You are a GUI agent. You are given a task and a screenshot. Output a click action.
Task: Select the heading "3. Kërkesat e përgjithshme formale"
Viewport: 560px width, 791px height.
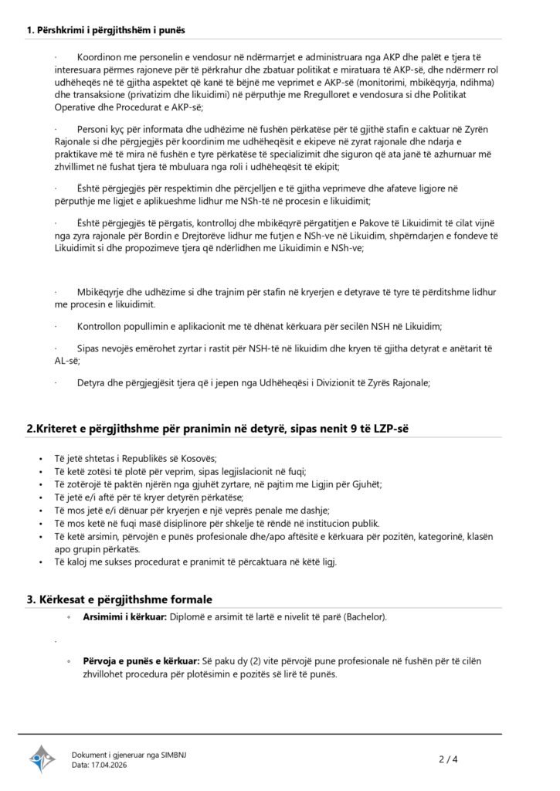[120, 599]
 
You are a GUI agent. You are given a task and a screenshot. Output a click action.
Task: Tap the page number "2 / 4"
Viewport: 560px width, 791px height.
[448, 759]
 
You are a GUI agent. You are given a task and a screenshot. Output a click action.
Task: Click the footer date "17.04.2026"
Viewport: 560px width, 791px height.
[110, 765]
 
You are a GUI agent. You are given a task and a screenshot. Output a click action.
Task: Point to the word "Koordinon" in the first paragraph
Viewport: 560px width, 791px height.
[103, 59]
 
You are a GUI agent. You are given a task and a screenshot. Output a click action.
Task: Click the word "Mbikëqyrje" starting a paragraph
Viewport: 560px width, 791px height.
[105, 292]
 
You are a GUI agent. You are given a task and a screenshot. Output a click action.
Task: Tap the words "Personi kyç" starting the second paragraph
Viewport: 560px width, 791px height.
[104, 128]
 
